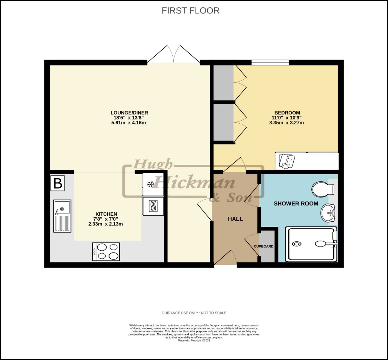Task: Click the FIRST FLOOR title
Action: (x=190, y=11)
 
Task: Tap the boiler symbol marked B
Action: (x=58, y=183)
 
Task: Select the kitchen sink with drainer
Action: (x=62, y=216)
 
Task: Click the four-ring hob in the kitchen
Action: (x=106, y=252)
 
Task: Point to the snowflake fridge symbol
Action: (x=151, y=184)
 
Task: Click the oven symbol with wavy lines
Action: (x=153, y=206)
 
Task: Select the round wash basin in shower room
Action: (x=328, y=213)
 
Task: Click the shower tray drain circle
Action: (x=297, y=244)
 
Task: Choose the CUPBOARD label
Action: (x=264, y=246)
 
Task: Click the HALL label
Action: (x=235, y=219)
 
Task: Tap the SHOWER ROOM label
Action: (x=296, y=204)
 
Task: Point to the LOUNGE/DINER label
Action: (x=129, y=113)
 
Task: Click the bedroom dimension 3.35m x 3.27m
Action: (x=286, y=123)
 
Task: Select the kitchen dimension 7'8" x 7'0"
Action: (x=106, y=219)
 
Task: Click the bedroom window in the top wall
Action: (x=270, y=62)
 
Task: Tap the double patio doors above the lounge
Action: (x=173, y=54)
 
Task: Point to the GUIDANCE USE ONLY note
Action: (x=194, y=313)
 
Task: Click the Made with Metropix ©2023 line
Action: (x=194, y=341)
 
